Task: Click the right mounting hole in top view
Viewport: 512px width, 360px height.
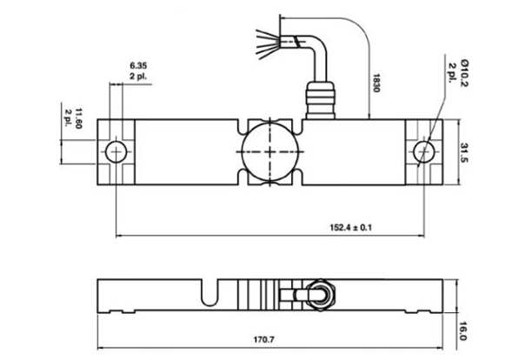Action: (x=426, y=151)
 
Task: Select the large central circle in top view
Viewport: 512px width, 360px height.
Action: (x=269, y=150)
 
